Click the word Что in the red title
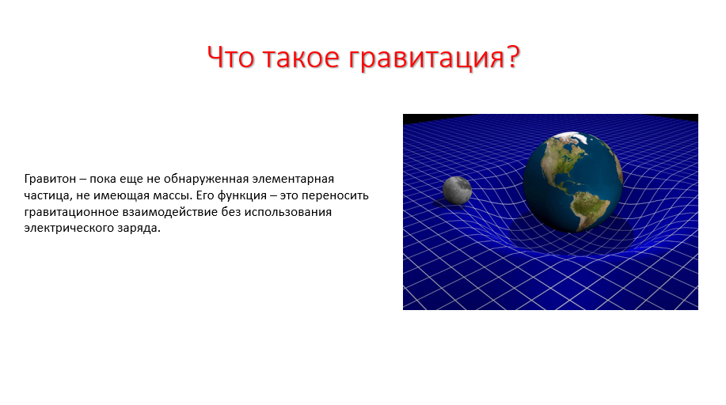point(230,57)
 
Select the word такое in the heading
point(301,58)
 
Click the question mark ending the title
point(514,57)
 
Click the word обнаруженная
point(206,179)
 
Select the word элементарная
point(293,179)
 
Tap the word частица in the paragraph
point(47,195)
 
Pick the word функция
point(241,195)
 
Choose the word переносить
point(335,195)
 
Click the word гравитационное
point(71,213)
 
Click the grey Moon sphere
point(457,190)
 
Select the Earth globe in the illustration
point(573,181)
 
